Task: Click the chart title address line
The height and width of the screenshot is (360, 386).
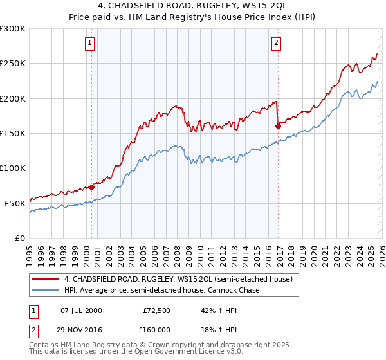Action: click(192, 6)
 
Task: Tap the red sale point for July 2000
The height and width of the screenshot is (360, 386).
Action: click(91, 187)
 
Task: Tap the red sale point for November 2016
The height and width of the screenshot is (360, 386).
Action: click(278, 127)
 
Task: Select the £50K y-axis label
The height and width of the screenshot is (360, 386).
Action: click(15, 203)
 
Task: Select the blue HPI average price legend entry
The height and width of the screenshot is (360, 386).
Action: click(161, 291)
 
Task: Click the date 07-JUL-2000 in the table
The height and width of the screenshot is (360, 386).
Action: click(81, 310)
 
